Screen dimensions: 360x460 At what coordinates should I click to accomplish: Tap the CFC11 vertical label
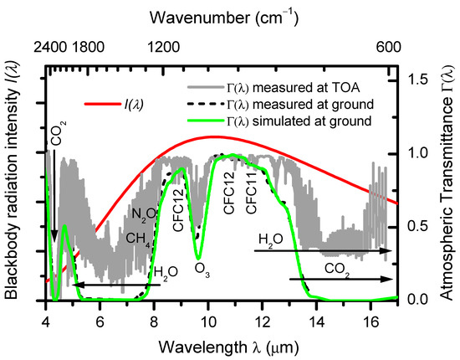click(x=251, y=192)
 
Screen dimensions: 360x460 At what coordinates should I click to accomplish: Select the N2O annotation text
click(x=144, y=213)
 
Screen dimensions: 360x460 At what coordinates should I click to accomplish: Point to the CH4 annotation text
click(x=139, y=240)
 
